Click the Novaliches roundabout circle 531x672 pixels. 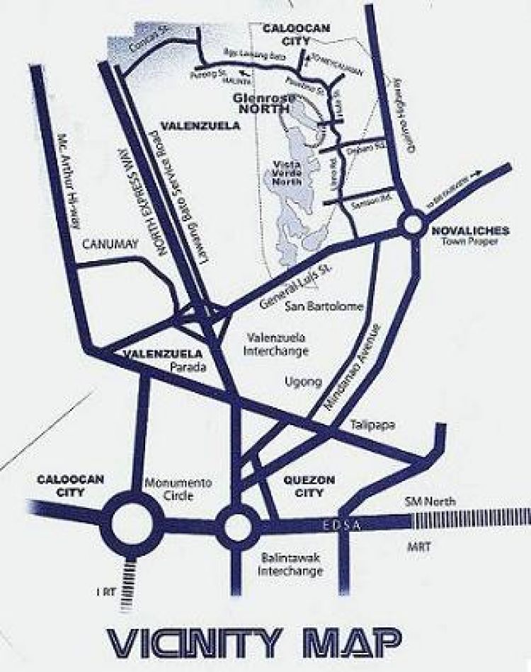(413, 226)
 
